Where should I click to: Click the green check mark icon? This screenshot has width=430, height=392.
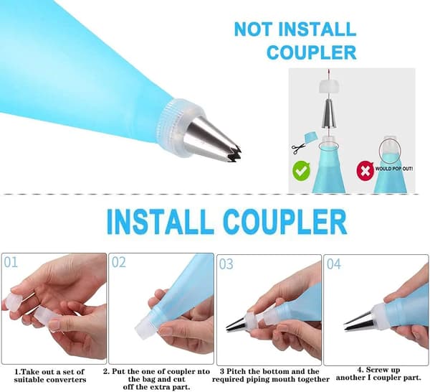point(302,171)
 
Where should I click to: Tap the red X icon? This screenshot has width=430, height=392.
point(365,171)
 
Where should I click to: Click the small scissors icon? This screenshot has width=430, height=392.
point(298,149)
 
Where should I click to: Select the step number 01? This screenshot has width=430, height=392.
point(11,263)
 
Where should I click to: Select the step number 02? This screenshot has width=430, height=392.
point(119,262)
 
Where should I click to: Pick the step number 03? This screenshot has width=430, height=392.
point(226,264)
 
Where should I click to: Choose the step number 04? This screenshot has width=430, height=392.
point(334,264)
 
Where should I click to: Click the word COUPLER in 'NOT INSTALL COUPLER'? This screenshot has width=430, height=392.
point(312,52)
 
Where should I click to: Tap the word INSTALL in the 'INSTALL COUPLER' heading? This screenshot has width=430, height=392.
point(160,221)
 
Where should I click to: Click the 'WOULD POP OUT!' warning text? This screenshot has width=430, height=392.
point(394,169)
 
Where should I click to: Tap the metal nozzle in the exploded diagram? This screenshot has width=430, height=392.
point(330,113)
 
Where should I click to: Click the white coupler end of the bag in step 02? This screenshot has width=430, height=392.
point(147,326)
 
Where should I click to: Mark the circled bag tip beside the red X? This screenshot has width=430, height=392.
point(390,150)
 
